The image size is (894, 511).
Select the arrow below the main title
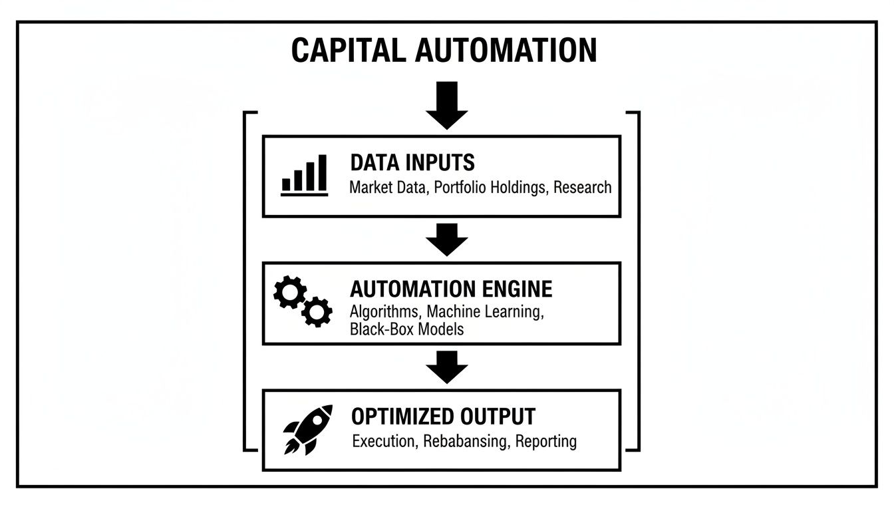pyautogui.click(x=447, y=105)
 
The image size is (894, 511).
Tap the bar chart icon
pyautogui.click(x=304, y=176)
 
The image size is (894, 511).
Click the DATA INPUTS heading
pyautogui.click(x=412, y=162)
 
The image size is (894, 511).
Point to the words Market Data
pyautogui.click(x=387, y=188)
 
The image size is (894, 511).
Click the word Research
pyautogui.click(x=582, y=188)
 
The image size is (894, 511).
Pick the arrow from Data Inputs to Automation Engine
pyautogui.click(x=447, y=240)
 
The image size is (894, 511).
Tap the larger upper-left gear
pyautogui.click(x=290, y=292)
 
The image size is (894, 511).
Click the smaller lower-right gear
pyautogui.click(x=317, y=311)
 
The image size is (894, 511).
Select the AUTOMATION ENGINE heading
pyautogui.click(x=451, y=289)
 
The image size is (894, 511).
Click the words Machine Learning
pyautogui.click(x=485, y=311)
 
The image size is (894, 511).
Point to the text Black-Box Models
pyautogui.click(x=406, y=329)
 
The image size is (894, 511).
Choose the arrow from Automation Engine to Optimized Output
pyautogui.click(x=447, y=367)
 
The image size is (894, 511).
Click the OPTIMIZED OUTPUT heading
pyautogui.click(x=443, y=417)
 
